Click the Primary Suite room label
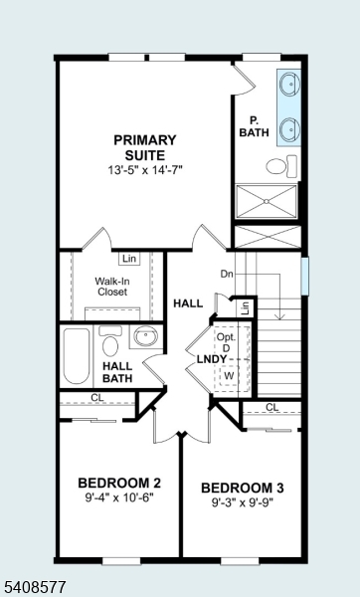[145, 147]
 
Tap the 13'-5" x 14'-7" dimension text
[145, 170]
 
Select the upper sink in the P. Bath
[289, 84]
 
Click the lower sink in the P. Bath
[289, 129]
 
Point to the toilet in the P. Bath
[281, 166]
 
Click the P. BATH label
[255, 126]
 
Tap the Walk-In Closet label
[112, 287]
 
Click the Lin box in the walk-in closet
[129, 259]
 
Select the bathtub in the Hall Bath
[77, 356]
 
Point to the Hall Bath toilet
[110, 341]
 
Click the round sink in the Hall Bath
[146, 336]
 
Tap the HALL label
[188, 303]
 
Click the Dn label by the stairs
[227, 274]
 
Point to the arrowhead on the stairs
[280, 316]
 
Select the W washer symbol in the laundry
[229, 376]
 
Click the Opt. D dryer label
[226, 342]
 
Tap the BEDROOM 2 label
[119, 484]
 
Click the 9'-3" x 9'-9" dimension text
[243, 502]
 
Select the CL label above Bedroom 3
[271, 407]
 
